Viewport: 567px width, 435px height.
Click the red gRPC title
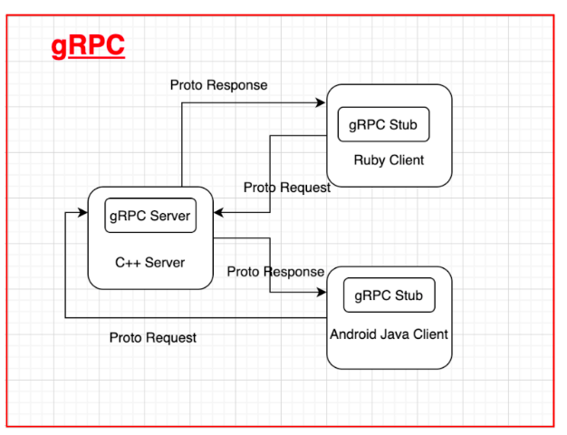click(88, 46)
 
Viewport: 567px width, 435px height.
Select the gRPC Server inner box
click(150, 216)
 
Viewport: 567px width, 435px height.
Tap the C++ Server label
click(150, 263)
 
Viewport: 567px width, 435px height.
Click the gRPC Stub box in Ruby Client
click(384, 124)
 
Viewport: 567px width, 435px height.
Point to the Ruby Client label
click(389, 160)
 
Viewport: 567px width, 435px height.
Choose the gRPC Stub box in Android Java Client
click(389, 295)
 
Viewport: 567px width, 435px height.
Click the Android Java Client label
click(389, 334)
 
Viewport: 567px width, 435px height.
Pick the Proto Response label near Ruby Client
click(218, 85)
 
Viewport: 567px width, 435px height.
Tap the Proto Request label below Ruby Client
click(287, 188)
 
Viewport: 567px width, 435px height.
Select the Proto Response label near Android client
click(275, 272)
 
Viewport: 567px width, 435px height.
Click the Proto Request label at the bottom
click(153, 338)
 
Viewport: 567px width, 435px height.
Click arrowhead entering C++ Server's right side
click(218, 213)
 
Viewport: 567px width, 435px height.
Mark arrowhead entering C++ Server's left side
click(82, 213)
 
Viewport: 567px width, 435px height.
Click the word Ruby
click(370, 160)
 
